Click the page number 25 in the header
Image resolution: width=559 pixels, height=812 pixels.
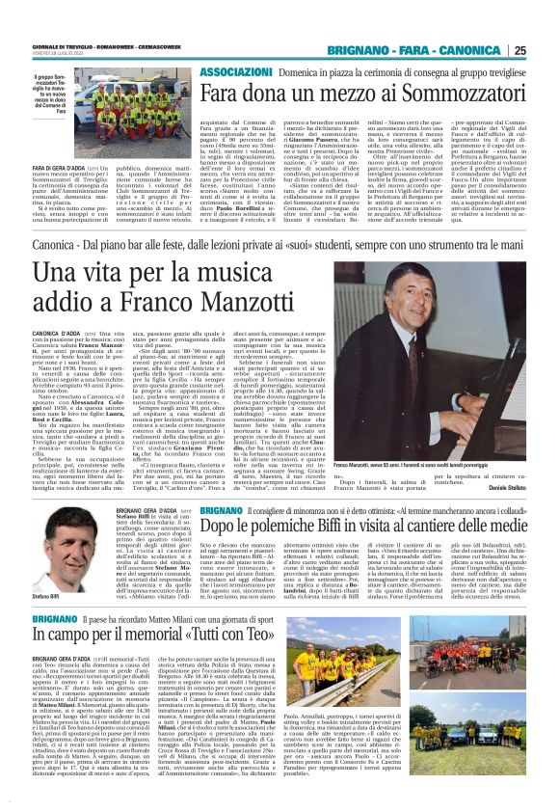click(x=545, y=51)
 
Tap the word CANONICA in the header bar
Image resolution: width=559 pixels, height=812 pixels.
click(x=476, y=51)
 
